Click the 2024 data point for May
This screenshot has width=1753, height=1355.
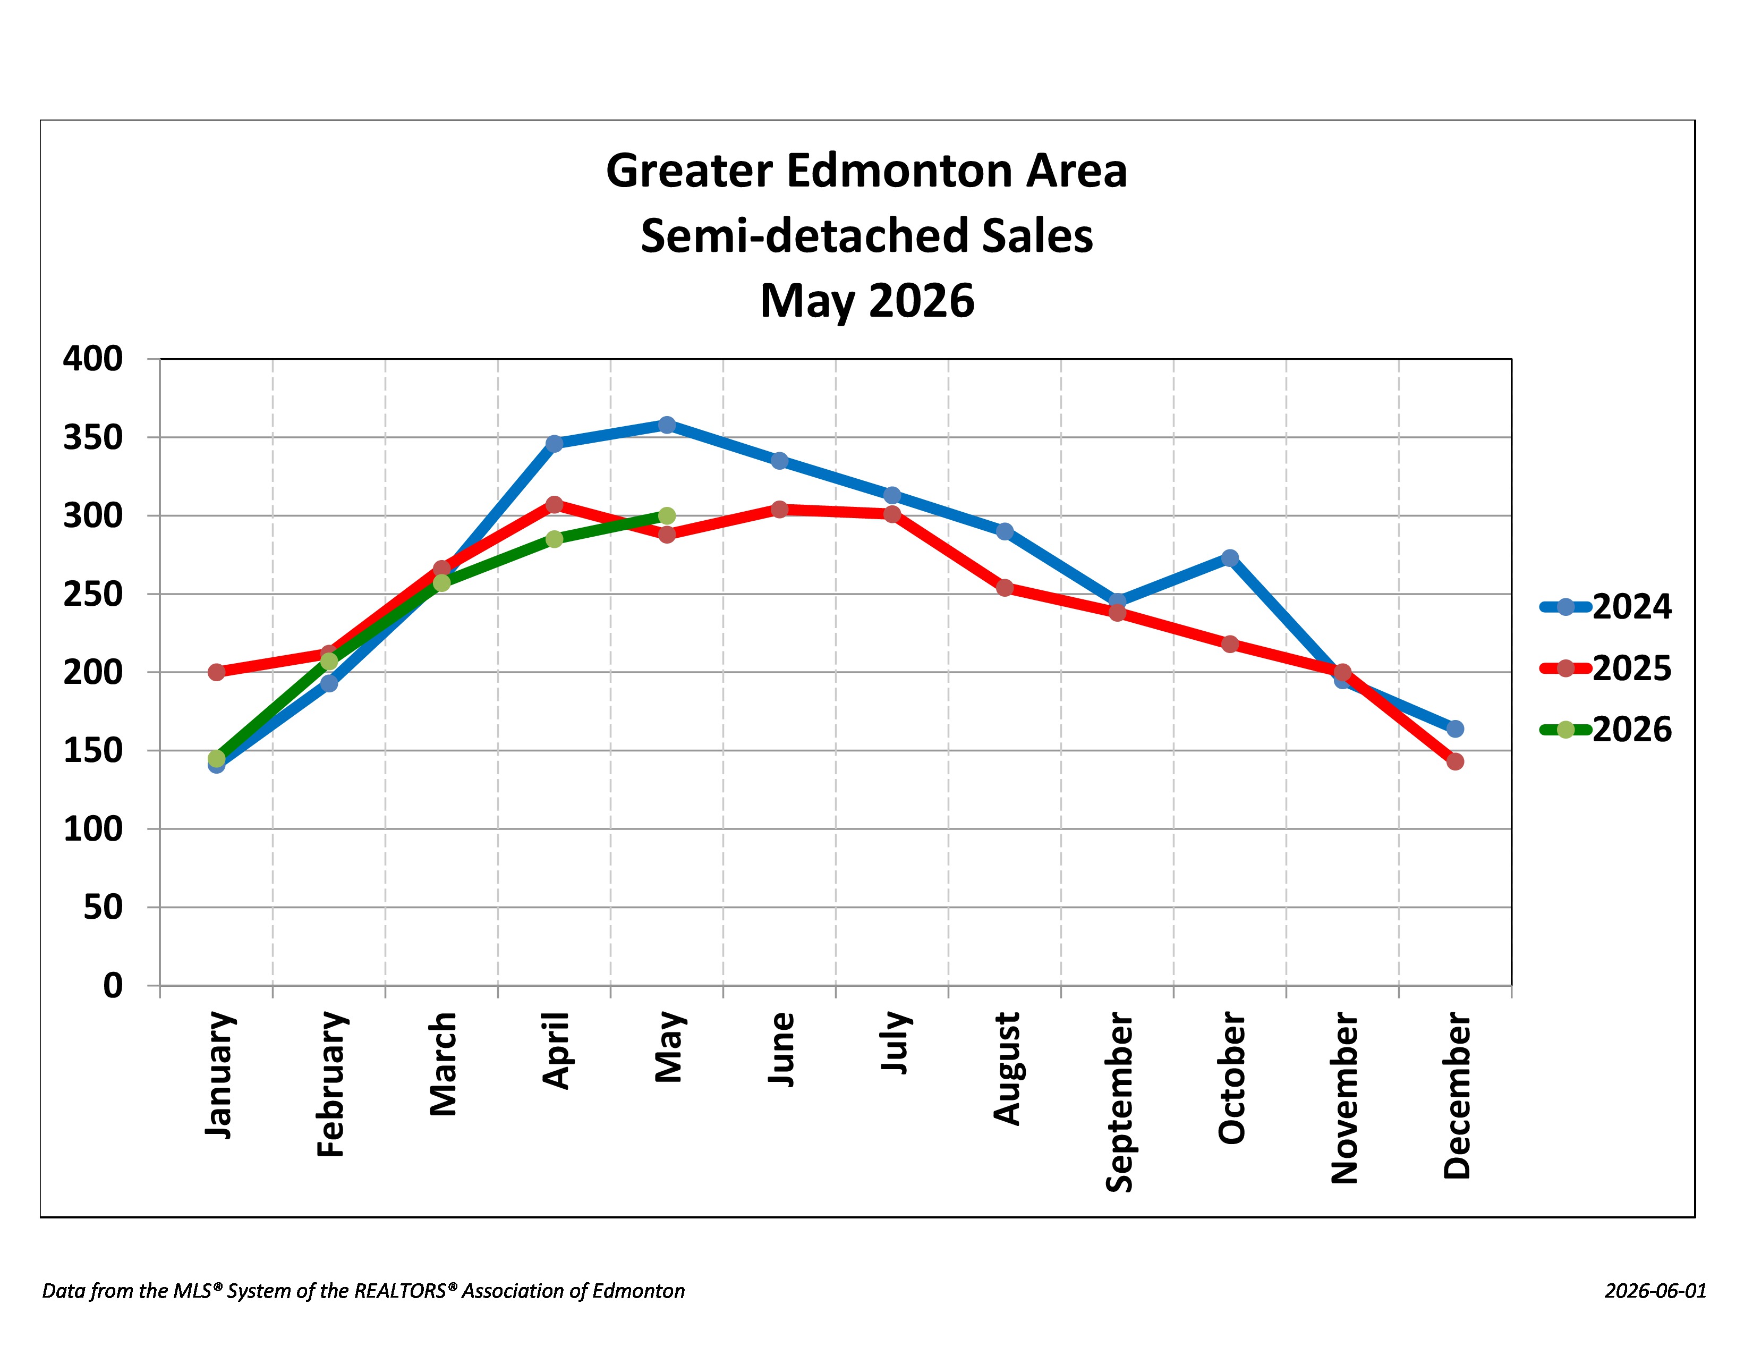[666, 425]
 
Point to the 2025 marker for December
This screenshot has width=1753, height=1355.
[1455, 761]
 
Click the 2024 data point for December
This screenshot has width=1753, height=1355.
[1455, 728]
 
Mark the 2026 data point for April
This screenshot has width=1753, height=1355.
[554, 539]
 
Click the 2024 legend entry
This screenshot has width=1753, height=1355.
[1605, 607]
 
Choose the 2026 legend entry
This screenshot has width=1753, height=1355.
[1605, 730]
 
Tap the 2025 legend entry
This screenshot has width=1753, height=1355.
[1605, 668]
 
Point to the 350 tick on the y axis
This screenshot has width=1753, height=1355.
[93, 437]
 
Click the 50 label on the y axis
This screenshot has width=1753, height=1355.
[103, 907]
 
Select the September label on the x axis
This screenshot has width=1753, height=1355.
[1119, 1102]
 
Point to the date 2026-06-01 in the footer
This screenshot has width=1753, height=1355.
[1655, 1291]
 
